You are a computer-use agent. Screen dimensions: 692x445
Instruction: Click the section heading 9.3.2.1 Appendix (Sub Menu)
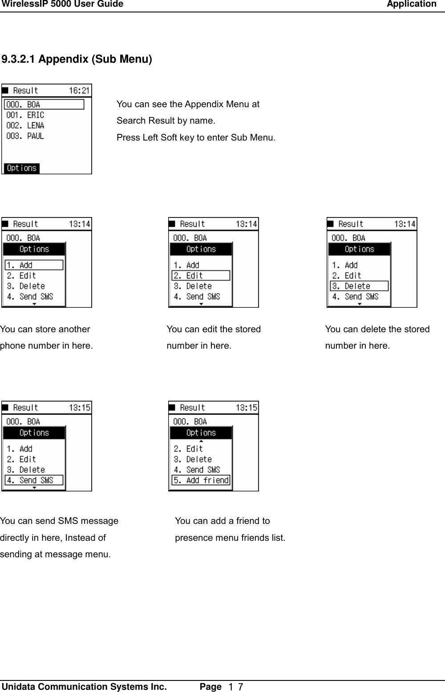tap(77, 59)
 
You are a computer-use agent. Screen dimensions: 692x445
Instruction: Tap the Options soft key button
tap(22, 168)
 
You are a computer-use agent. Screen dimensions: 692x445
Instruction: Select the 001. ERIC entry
tap(25, 115)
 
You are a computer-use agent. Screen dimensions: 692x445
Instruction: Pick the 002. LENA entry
tap(25, 125)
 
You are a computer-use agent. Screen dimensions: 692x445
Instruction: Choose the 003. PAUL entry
tap(25, 136)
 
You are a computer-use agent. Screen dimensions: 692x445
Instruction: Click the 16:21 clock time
tap(79, 91)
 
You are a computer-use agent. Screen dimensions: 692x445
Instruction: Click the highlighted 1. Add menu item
tap(34, 265)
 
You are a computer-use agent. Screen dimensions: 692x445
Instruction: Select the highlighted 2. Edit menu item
tap(201, 276)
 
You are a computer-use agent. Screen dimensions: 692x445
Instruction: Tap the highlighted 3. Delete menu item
tap(359, 286)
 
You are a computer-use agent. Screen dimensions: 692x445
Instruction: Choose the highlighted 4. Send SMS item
tap(34, 480)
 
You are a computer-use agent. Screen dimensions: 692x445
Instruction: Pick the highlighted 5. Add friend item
tap(201, 480)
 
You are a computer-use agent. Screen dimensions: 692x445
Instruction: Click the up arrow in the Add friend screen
tap(201, 441)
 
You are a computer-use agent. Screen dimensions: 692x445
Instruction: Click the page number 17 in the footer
tap(235, 687)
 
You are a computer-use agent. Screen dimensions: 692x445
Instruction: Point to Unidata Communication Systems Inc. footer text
tap(85, 686)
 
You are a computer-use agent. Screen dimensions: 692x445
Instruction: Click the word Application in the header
tap(411, 4)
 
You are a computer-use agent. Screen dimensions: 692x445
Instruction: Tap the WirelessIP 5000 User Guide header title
tap(62, 4)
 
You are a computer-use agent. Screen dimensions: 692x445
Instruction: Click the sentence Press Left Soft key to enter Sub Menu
tap(196, 137)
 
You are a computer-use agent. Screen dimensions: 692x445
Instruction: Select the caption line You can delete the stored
tap(377, 329)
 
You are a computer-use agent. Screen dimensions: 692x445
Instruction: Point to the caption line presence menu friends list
tap(230, 538)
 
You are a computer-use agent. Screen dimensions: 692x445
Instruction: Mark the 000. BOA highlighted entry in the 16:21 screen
tap(44, 105)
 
